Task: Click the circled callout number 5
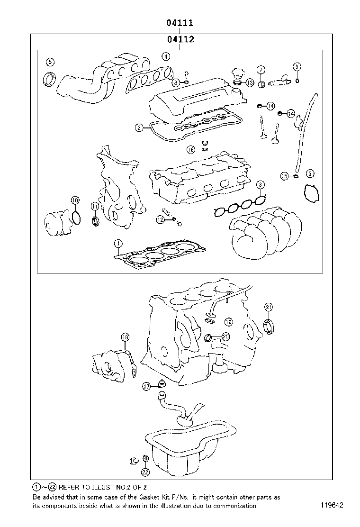pos(50,62)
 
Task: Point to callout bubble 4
pos(165,57)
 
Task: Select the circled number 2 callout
pos(139,127)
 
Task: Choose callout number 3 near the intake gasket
pos(261,184)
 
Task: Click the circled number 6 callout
pos(309,174)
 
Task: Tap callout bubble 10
pos(75,200)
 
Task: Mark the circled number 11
pos(95,206)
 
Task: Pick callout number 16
pos(190,150)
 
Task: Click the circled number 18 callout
pos(125,337)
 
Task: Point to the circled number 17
pos(147,387)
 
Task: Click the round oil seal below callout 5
pos(49,79)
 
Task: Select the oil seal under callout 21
pos(270,327)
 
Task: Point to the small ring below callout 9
pos(297,80)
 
